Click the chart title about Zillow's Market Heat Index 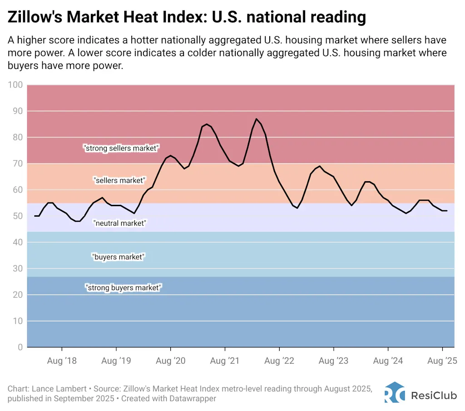click(x=187, y=17)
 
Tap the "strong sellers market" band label click(x=121, y=148)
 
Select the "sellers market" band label click(x=119, y=180)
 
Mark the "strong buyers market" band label click(x=123, y=287)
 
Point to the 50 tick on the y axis click(x=17, y=216)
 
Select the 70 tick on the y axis click(x=17, y=163)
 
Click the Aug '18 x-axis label click(x=61, y=361)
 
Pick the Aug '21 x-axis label click(x=225, y=361)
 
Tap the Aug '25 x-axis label click(x=442, y=361)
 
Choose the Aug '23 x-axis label click(x=333, y=361)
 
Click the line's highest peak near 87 click(x=257, y=119)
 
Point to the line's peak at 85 click(x=207, y=124)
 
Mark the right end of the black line click(x=447, y=211)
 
